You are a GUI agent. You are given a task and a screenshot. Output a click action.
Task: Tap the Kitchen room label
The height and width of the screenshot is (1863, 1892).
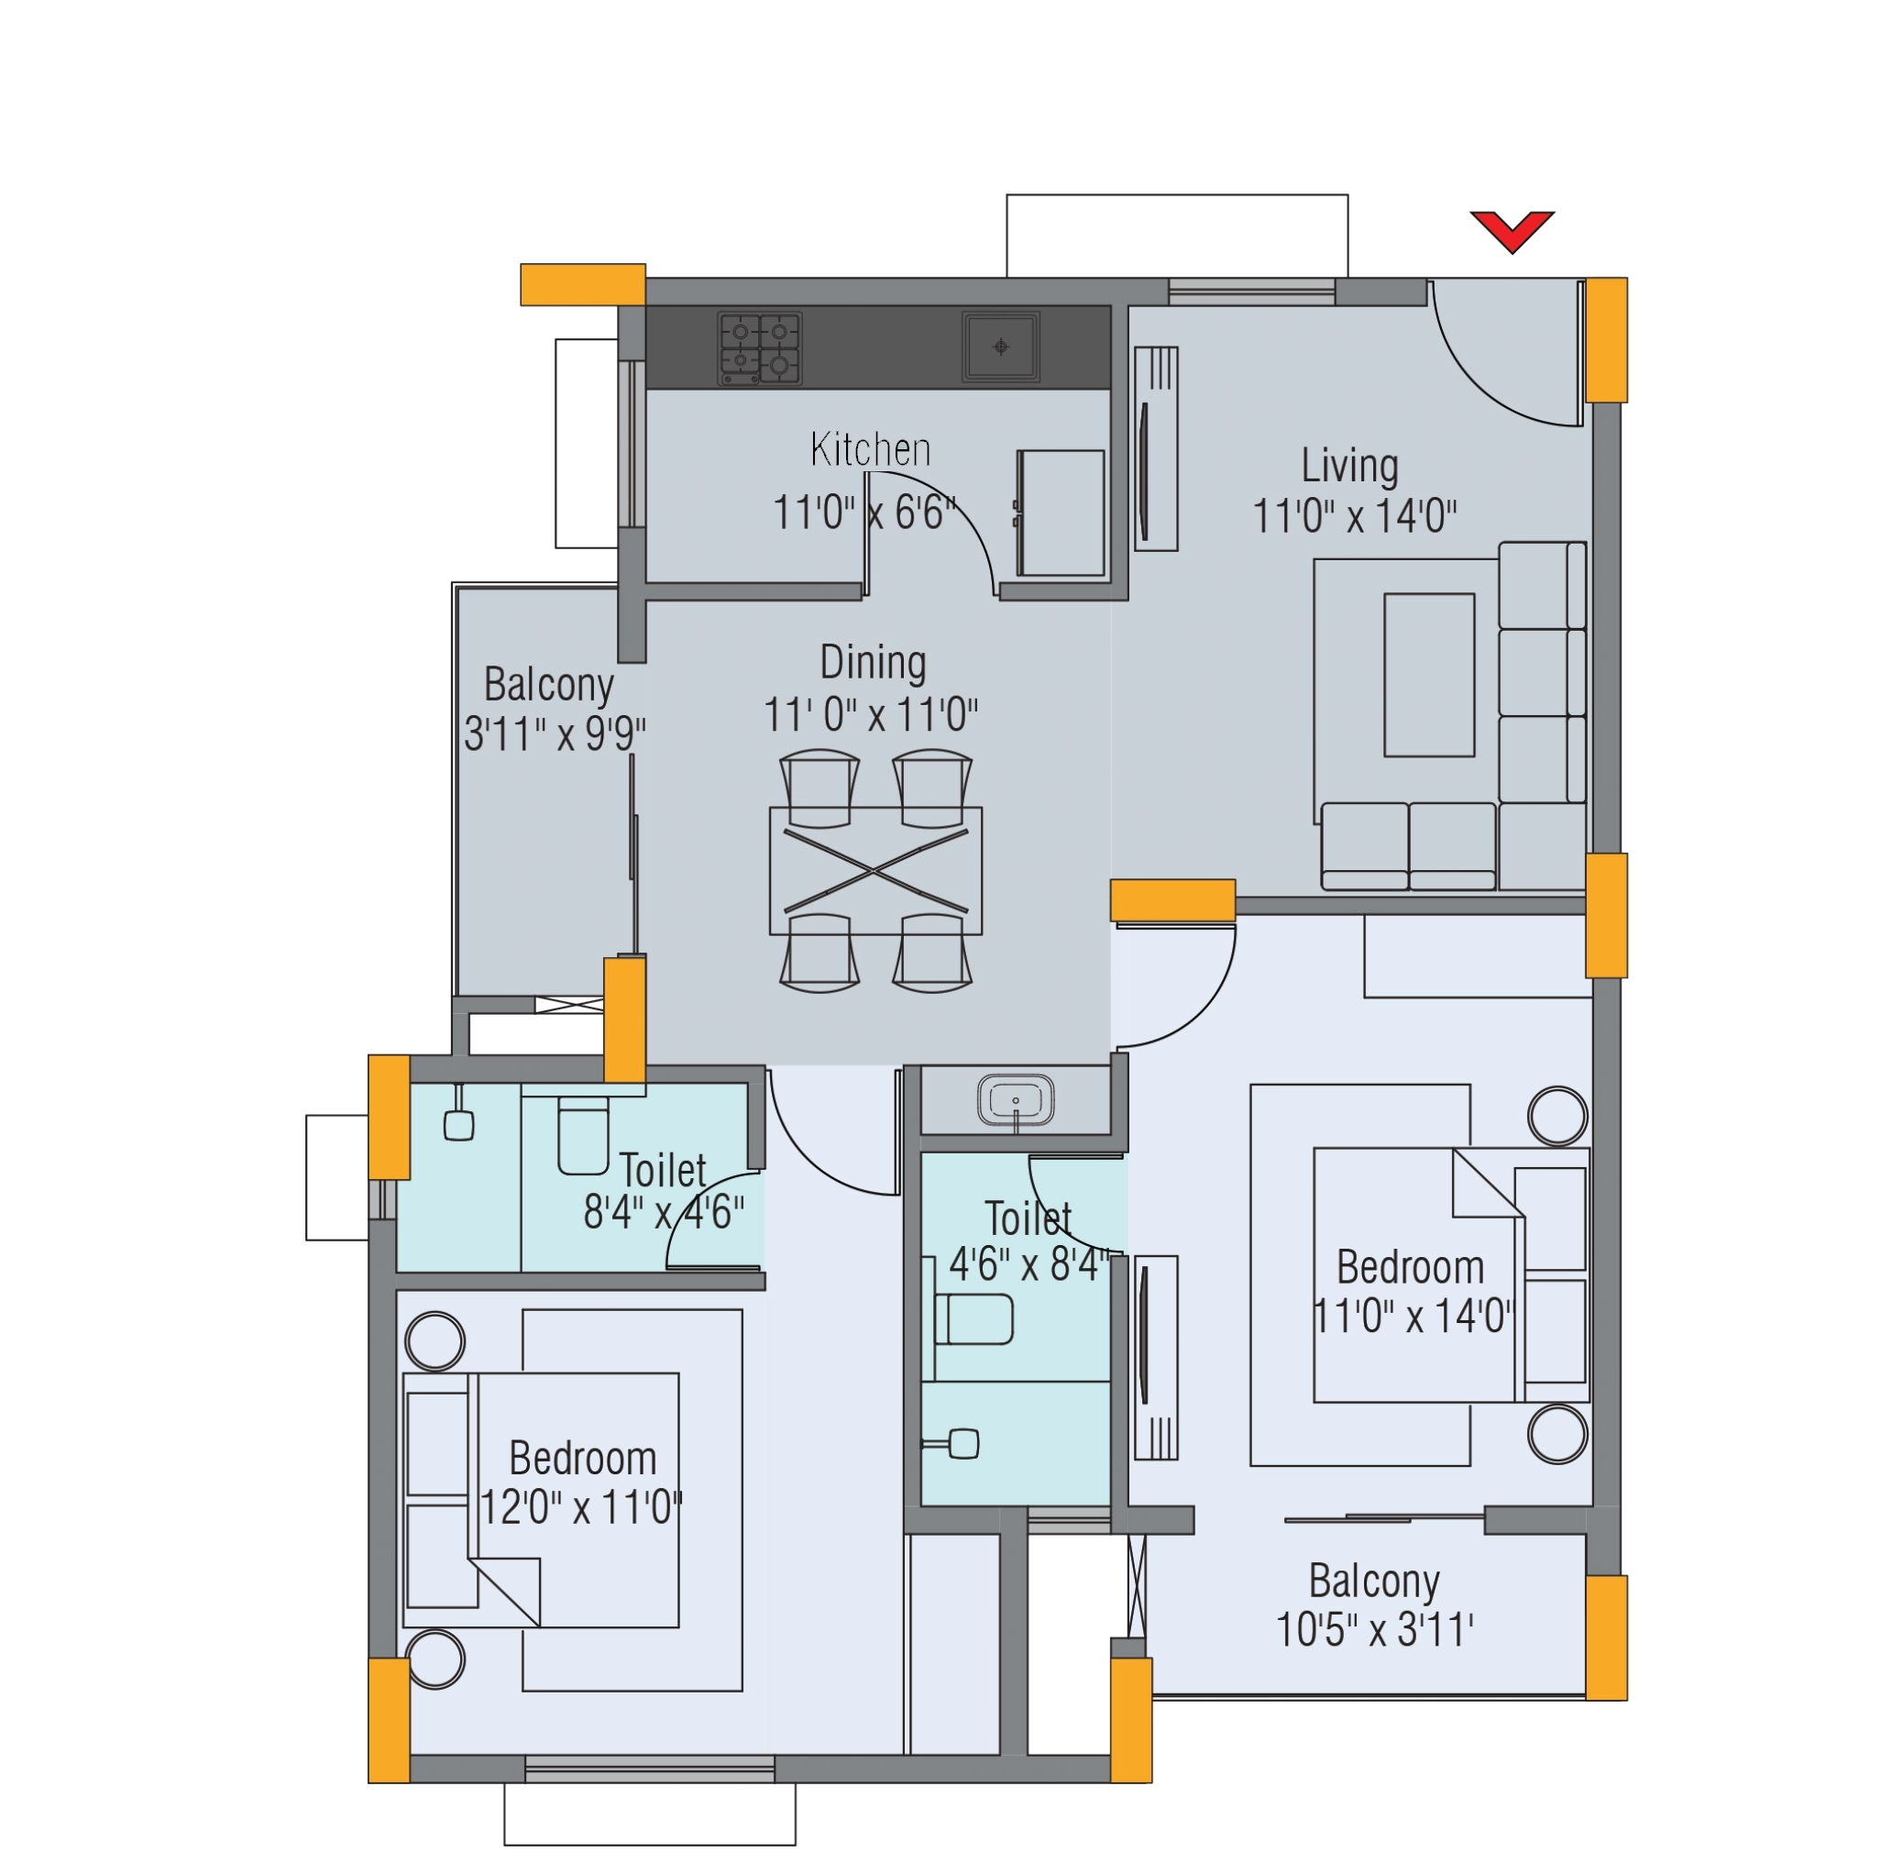pyautogui.click(x=870, y=449)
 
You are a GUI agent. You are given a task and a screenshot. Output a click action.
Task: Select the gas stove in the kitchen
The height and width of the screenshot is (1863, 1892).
pyautogui.click(x=759, y=347)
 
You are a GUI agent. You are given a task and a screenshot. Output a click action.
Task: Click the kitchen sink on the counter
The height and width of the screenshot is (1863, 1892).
pyautogui.click(x=1000, y=346)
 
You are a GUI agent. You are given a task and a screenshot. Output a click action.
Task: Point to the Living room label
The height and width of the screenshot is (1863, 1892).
pyautogui.click(x=1349, y=466)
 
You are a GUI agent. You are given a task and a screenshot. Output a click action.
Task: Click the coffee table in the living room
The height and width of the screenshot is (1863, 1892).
pyautogui.click(x=1428, y=674)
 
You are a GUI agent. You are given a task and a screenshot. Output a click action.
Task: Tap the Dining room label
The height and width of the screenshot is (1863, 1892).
pyautogui.click(x=873, y=663)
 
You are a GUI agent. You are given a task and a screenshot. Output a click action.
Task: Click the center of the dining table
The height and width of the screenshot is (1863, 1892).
pyautogui.click(x=875, y=870)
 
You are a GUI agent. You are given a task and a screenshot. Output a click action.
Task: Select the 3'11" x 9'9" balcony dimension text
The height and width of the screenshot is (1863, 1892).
pyautogui.click(x=555, y=733)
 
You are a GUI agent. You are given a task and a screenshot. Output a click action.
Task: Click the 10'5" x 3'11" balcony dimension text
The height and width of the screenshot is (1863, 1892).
pyautogui.click(x=1373, y=1630)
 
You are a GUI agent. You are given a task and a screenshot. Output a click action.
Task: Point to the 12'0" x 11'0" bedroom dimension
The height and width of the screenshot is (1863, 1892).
pyautogui.click(x=581, y=1508)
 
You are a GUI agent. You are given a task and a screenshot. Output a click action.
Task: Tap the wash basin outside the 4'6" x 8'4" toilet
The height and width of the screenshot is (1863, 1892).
pyautogui.click(x=1016, y=1100)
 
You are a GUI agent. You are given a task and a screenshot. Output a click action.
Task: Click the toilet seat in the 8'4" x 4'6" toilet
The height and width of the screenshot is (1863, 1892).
pyautogui.click(x=583, y=1135)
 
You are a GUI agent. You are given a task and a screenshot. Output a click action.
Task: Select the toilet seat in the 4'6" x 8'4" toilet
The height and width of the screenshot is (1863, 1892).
pyautogui.click(x=973, y=1320)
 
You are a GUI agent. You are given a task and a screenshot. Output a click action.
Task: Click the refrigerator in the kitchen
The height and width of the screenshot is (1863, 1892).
pyautogui.click(x=1061, y=513)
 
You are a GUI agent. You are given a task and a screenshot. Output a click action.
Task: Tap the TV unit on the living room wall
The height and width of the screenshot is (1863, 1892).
pyautogui.click(x=1155, y=448)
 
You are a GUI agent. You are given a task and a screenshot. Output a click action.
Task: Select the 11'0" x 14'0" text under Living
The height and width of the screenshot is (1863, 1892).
pyautogui.click(x=1354, y=516)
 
